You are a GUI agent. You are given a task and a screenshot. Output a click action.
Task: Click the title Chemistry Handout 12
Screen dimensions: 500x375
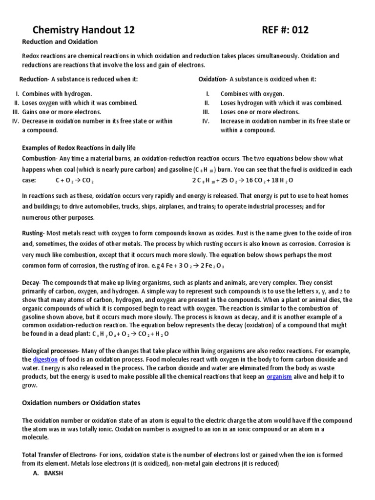83,31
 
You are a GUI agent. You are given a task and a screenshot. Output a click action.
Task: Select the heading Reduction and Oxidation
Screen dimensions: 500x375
60,42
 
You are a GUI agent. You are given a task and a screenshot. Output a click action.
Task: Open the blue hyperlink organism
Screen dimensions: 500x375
279,377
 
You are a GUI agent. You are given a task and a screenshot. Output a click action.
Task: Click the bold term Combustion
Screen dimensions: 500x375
40,159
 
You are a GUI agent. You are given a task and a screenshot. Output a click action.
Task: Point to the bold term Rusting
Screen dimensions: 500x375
33,233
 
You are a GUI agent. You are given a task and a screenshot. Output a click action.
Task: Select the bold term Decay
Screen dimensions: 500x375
31,283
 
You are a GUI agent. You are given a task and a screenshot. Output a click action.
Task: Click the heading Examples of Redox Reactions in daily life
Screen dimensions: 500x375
79,147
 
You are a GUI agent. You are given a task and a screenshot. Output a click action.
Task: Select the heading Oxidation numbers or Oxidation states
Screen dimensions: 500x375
82,403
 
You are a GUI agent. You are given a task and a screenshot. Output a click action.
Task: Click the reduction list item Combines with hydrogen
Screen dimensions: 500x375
57,94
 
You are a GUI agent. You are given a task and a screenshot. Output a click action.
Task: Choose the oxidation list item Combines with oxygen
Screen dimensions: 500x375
252,94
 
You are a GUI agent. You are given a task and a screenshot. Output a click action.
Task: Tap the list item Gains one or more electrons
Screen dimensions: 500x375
62,112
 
